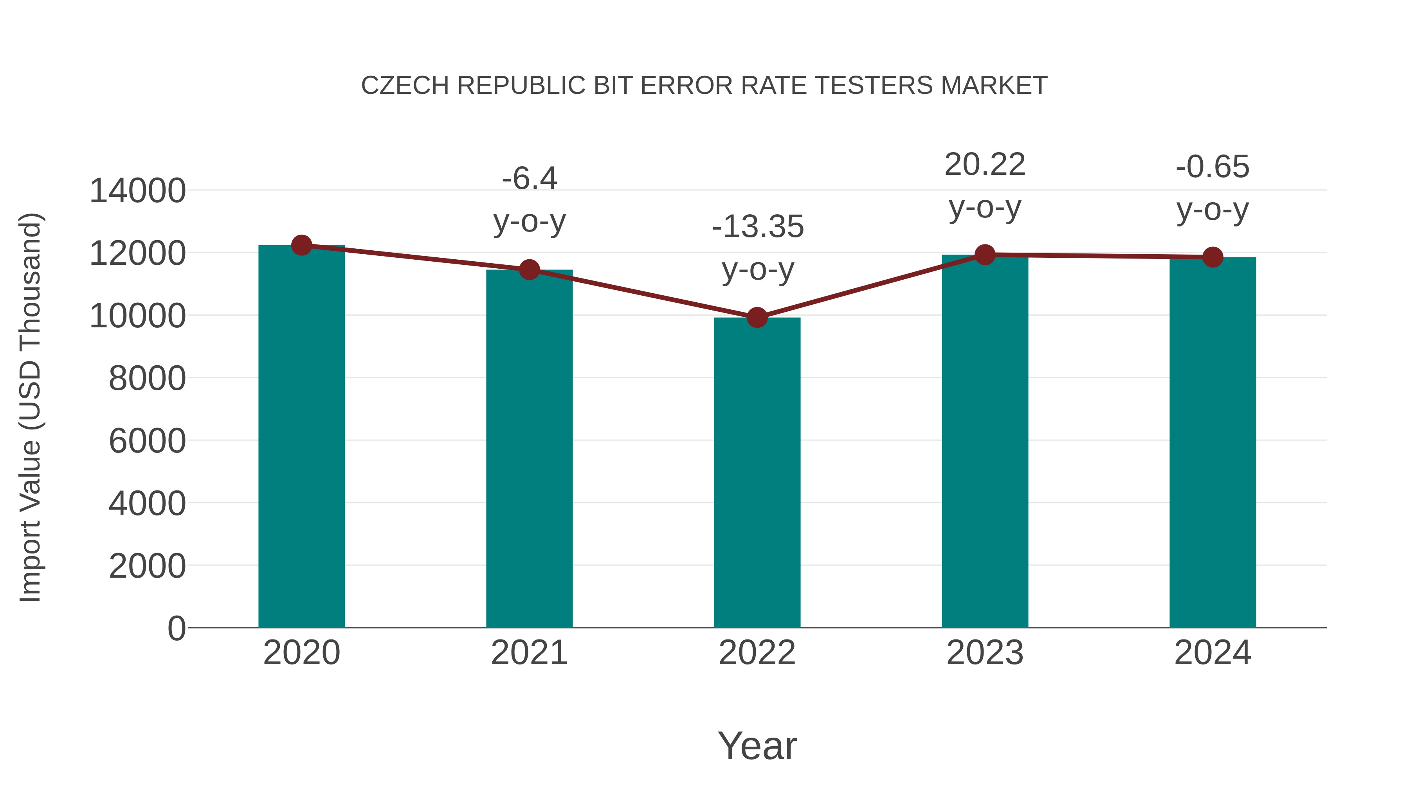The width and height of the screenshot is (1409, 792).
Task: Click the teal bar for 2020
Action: (301, 437)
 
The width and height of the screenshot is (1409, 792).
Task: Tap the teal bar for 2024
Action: (1213, 443)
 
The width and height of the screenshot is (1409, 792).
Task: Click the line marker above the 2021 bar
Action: (529, 269)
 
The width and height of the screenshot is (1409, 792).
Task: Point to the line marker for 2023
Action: (985, 255)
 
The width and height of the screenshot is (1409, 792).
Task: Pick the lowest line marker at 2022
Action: (757, 317)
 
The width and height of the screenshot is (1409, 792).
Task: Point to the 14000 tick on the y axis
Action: (137, 191)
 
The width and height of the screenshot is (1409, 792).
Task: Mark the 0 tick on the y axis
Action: (176, 628)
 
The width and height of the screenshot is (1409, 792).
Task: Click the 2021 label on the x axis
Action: (529, 653)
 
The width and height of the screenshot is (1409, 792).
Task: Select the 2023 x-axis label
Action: (985, 653)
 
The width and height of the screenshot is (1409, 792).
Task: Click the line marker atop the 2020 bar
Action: (301, 245)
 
